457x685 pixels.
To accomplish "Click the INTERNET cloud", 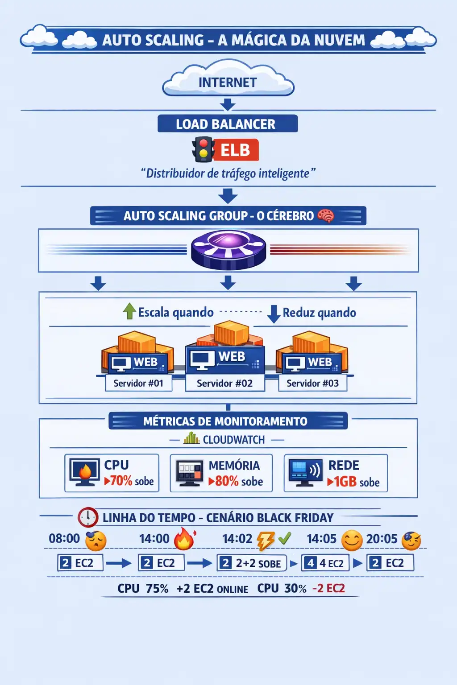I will (x=228, y=82).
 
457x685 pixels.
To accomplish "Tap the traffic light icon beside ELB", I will (x=204, y=149).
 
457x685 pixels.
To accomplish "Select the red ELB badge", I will (x=236, y=150).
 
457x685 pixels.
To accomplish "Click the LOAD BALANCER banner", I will (x=227, y=124).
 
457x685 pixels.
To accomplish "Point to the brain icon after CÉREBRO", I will (x=326, y=216).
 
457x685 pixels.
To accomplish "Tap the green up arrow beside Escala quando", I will (x=129, y=311).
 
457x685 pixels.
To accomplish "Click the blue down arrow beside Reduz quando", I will (x=273, y=314).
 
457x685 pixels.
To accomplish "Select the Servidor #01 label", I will (x=138, y=383).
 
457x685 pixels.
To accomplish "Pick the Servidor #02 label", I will (x=224, y=383).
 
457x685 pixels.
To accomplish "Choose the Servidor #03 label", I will (x=312, y=383).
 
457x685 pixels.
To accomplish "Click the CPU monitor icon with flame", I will (x=84, y=472).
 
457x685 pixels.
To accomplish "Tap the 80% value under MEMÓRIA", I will (x=227, y=481).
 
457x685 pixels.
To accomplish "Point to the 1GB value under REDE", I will (x=345, y=482).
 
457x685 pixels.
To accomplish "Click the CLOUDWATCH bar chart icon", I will (x=191, y=439).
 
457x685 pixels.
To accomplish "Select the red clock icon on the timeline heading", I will (x=88, y=517).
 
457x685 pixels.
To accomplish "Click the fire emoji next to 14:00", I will (x=184, y=539).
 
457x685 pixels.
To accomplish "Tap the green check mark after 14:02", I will (x=285, y=539).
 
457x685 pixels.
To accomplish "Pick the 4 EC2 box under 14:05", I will (x=325, y=563).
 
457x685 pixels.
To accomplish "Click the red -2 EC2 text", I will (x=329, y=588).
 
